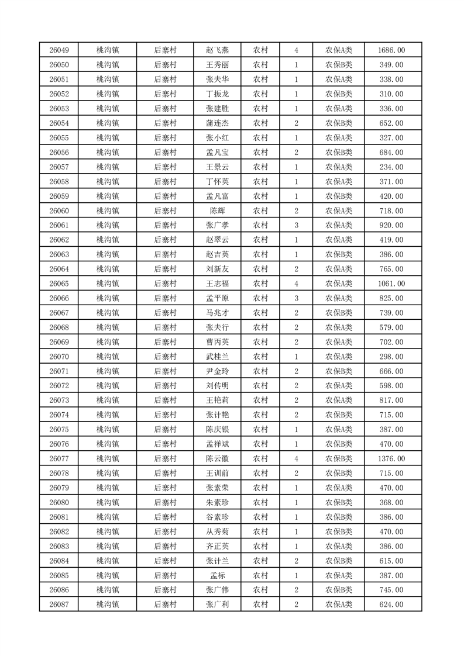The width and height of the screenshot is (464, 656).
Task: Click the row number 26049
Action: click(59, 50)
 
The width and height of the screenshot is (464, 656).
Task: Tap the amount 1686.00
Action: click(391, 50)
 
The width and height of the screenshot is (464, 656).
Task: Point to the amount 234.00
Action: click(391, 167)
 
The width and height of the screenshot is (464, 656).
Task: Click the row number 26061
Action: click(59, 226)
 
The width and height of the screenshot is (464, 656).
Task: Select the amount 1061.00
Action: click(391, 284)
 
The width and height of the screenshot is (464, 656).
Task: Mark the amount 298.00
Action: click(391, 357)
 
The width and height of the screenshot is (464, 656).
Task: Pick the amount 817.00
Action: click(391, 400)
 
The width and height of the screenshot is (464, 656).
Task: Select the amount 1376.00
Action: click(391, 459)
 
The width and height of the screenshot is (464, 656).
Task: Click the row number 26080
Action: click(59, 503)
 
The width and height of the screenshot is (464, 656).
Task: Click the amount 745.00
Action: click(391, 590)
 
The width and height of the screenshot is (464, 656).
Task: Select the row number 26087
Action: click(59, 605)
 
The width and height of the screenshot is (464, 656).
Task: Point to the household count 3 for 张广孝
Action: click(297, 226)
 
